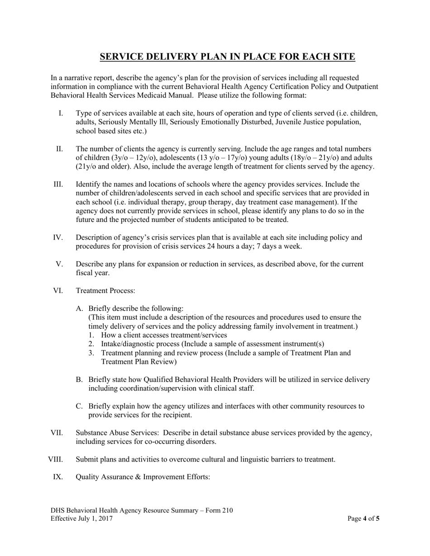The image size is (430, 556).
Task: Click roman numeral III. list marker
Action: point(58,184)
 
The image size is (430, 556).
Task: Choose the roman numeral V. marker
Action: point(59,264)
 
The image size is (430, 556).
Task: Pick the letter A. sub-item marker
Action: point(80,309)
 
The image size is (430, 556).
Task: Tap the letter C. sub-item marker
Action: point(80,406)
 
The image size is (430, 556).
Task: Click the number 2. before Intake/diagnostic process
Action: point(91,344)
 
